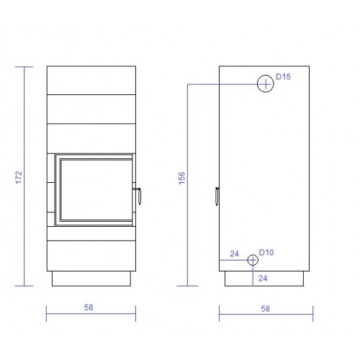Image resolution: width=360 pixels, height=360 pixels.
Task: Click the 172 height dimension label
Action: [x=19, y=177]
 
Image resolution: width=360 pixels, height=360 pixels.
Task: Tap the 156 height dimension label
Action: [x=182, y=178]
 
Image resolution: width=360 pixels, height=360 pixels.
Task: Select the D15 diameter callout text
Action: [x=283, y=76]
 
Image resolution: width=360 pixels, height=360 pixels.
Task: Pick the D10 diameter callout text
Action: [x=266, y=252]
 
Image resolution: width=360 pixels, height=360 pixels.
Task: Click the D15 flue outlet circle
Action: [x=266, y=76]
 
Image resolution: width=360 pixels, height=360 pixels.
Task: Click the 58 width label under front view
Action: [x=89, y=307]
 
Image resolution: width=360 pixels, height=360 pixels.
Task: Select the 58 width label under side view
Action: [x=266, y=308]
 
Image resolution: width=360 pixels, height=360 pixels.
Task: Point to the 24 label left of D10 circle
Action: [x=234, y=253]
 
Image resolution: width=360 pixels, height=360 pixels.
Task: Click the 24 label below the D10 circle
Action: [x=263, y=278]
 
